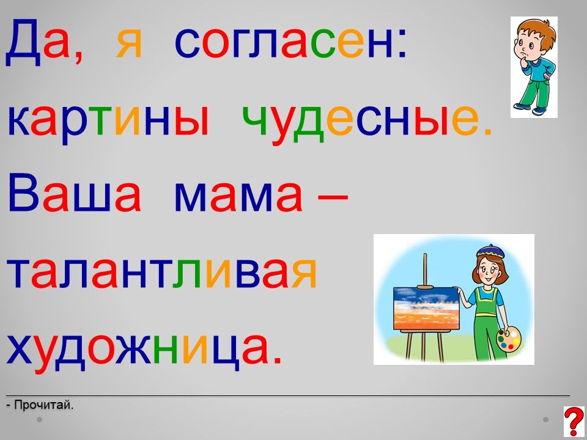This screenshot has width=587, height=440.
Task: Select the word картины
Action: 108,122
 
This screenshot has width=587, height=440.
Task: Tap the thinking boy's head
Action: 533,38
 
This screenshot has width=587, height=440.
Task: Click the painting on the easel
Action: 426,308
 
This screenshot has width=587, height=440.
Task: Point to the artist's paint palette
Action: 508,339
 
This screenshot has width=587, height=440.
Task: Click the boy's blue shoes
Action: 530,109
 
